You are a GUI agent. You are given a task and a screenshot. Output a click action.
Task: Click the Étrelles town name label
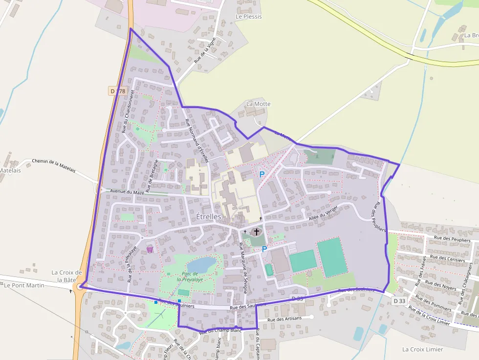(209, 216)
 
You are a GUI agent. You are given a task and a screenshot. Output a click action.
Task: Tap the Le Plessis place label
(248, 17)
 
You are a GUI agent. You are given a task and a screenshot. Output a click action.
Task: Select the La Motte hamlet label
(258, 104)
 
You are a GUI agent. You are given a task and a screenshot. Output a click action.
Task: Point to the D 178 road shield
(118, 91)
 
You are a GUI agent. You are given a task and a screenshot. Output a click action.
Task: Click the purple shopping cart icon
(150, 249)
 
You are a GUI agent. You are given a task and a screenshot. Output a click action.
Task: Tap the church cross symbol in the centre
(257, 232)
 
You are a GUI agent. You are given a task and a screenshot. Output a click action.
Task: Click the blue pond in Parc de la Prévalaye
(201, 264)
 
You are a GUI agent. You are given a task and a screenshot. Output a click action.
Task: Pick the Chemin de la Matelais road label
(54, 165)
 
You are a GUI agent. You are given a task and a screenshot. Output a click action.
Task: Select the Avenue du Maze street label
(127, 192)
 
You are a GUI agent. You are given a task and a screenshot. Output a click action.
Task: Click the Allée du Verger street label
(323, 213)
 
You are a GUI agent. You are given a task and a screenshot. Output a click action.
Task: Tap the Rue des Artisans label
(285, 319)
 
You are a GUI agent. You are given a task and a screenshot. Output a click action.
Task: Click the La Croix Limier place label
(423, 349)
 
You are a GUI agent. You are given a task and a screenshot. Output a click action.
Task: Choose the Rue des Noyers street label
(441, 286)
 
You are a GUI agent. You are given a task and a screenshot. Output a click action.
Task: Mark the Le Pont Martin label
(24, 285)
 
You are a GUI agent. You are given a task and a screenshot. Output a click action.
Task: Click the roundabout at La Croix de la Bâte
(80, 287)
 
